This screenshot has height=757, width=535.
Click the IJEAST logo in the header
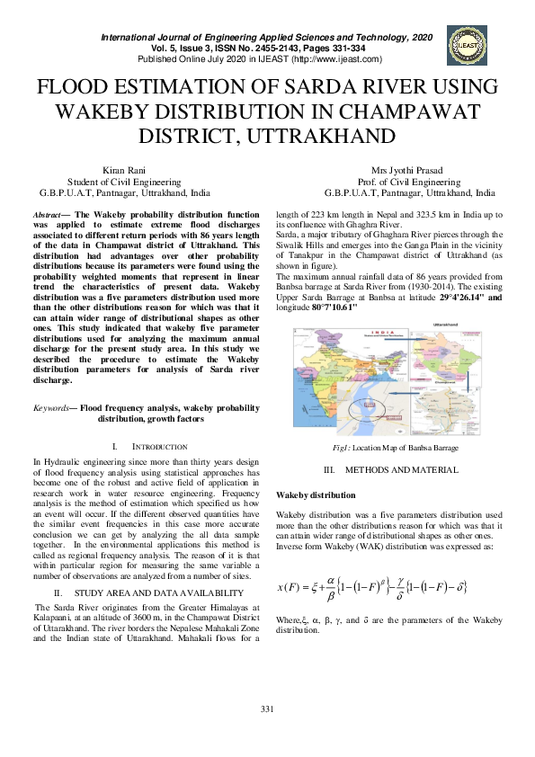click(467, 45)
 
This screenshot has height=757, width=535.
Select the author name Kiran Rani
click(125, 169)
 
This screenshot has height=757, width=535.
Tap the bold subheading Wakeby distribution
click(315, 495)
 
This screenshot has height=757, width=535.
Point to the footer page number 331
click(267, 710)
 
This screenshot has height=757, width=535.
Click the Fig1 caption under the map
click(395, 447)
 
